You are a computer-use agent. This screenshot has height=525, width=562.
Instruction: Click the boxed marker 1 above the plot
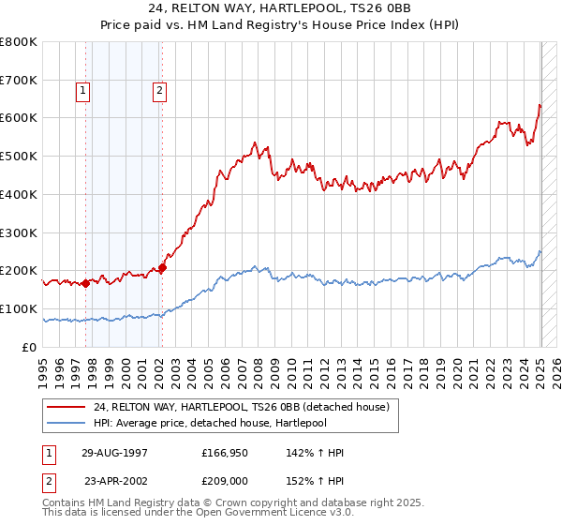tap(83, 91)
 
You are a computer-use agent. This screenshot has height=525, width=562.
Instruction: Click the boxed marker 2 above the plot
tap(160, 91)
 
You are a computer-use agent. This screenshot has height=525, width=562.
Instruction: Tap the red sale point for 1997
tap(86, 283)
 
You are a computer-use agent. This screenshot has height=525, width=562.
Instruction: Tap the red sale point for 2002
tap(162, 267)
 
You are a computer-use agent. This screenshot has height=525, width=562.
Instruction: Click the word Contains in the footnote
tap(65, 503)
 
